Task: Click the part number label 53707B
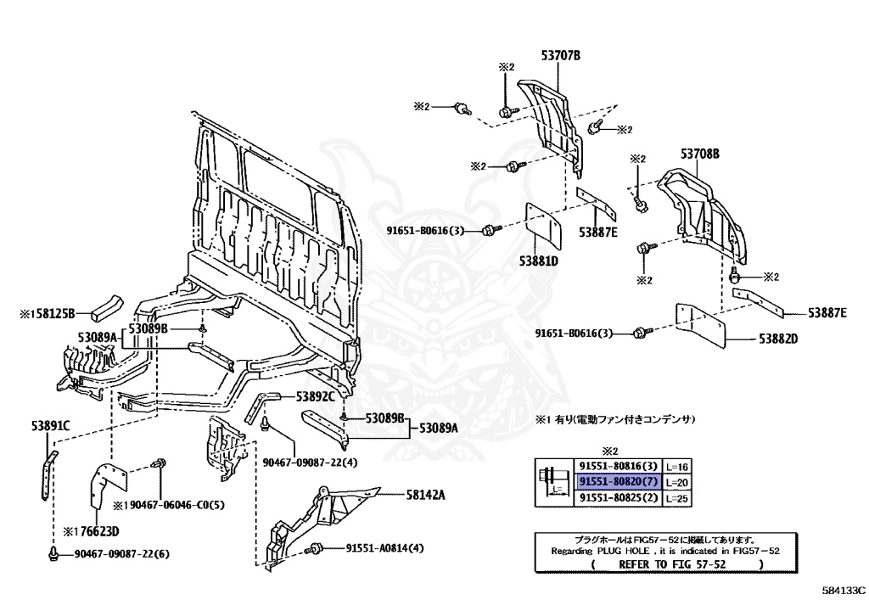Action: pos(561,55)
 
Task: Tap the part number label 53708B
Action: pos(700,154)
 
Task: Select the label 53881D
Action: pos(539,260)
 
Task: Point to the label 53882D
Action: pos(778,338)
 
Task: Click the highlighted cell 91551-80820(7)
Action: pos(619,481)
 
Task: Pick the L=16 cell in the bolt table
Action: pos(676,467)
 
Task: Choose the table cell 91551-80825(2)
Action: pos(619,497)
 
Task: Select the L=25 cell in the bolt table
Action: pos(676,498)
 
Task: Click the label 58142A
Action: pos(425,494)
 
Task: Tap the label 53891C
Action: pos(50,425)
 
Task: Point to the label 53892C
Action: pos(316,396)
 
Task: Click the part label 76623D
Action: pos(99,532)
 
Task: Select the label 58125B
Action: pos(54,313)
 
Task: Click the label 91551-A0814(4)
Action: pos(384,548)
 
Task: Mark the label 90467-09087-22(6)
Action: pos(122,553)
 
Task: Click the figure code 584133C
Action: pos(843,590)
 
